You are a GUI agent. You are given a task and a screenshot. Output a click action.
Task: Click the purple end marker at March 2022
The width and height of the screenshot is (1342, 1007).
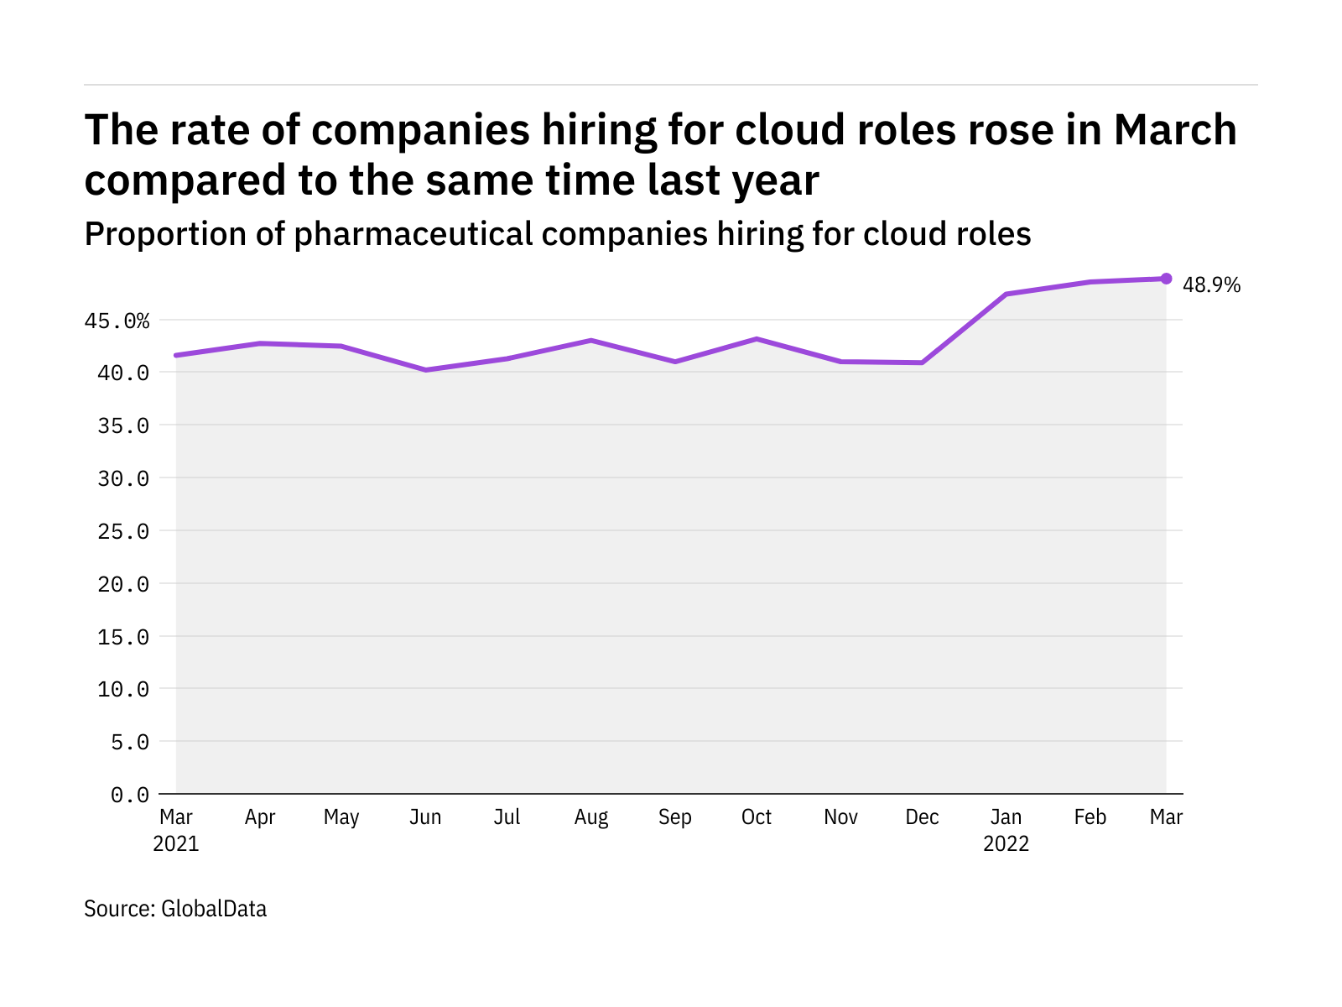[x=1166, y=279]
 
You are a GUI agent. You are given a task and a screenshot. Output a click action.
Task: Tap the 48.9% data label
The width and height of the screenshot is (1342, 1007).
[x=1211, y=285]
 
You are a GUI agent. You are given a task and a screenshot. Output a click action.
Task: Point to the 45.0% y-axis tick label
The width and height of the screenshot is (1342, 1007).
[x=117, y=321]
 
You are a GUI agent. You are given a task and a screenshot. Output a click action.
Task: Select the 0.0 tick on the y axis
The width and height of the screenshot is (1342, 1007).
[x=129, y=795]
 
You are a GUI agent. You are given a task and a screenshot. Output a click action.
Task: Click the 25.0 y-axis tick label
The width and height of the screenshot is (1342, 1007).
[x=123, y=531]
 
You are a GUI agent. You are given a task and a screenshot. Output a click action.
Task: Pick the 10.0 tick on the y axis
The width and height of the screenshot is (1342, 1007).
[x=123, y=689]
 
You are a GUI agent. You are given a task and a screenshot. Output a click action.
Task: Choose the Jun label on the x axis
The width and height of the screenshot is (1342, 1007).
[x=425, y=817]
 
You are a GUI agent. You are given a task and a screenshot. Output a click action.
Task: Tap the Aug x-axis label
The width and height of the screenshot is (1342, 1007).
[x=591, y=817]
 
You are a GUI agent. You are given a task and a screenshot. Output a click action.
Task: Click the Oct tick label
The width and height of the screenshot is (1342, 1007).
[x=757, y=817]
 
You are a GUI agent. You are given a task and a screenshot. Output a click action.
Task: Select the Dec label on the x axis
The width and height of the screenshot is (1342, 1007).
[x=923, y=817]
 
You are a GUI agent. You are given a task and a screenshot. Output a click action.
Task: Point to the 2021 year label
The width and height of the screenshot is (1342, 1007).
[x=176, y=844]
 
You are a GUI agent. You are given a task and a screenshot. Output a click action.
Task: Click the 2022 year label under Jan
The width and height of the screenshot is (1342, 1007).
[x=1006, y=844]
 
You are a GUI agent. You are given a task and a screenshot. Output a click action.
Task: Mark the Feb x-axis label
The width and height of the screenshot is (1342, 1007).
[x=1090, y=817]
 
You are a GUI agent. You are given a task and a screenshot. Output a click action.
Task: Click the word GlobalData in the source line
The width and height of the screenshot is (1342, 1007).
[x=214, y=909]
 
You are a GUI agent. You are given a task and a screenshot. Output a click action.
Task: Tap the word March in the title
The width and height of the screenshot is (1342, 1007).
[x=1175, y=130]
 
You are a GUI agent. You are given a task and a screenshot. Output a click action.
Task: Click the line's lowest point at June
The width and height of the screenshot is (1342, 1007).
[x=426, y=370]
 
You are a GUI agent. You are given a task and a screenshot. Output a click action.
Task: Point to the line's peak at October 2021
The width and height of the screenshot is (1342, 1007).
[x=757, y=339]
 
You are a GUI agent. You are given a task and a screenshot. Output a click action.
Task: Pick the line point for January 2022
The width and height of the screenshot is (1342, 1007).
[x=1006, y=295]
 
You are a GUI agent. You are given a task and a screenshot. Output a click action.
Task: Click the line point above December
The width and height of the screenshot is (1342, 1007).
[x=923, y=363]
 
